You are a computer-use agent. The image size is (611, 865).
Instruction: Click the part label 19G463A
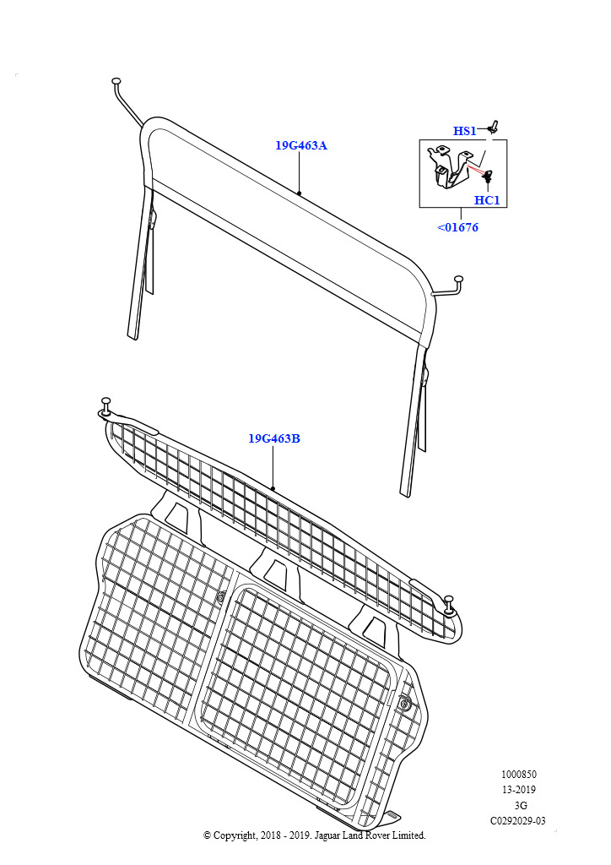click(300, 145)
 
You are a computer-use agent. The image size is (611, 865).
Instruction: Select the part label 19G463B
click(273, 438)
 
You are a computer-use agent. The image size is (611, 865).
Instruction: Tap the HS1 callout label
click(464, 131)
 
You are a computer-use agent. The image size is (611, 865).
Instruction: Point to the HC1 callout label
click(487, 200)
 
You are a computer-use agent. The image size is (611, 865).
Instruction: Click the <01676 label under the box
click(458, 227)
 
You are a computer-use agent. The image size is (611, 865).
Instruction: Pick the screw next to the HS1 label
click(493, 128)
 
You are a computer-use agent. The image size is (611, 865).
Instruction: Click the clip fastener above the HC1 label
click(488, 177)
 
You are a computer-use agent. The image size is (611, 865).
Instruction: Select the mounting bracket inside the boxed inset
click(450, 166)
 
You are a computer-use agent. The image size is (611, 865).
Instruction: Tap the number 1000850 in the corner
click(518, 775)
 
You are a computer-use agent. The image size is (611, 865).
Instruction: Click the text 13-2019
click(518, 790)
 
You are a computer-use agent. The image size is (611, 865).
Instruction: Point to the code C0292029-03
click(518, 821)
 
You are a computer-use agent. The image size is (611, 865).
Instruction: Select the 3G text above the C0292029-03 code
click(520, 805)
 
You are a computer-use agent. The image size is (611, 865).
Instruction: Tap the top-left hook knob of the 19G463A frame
click(116, 82)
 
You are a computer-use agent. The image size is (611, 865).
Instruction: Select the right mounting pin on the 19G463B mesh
click(449, 605)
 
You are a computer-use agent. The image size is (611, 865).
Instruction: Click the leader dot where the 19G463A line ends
click(299, 193)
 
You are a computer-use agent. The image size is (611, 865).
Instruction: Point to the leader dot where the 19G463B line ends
click(273, 488)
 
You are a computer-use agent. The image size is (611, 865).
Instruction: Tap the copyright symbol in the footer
click(207, 835)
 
